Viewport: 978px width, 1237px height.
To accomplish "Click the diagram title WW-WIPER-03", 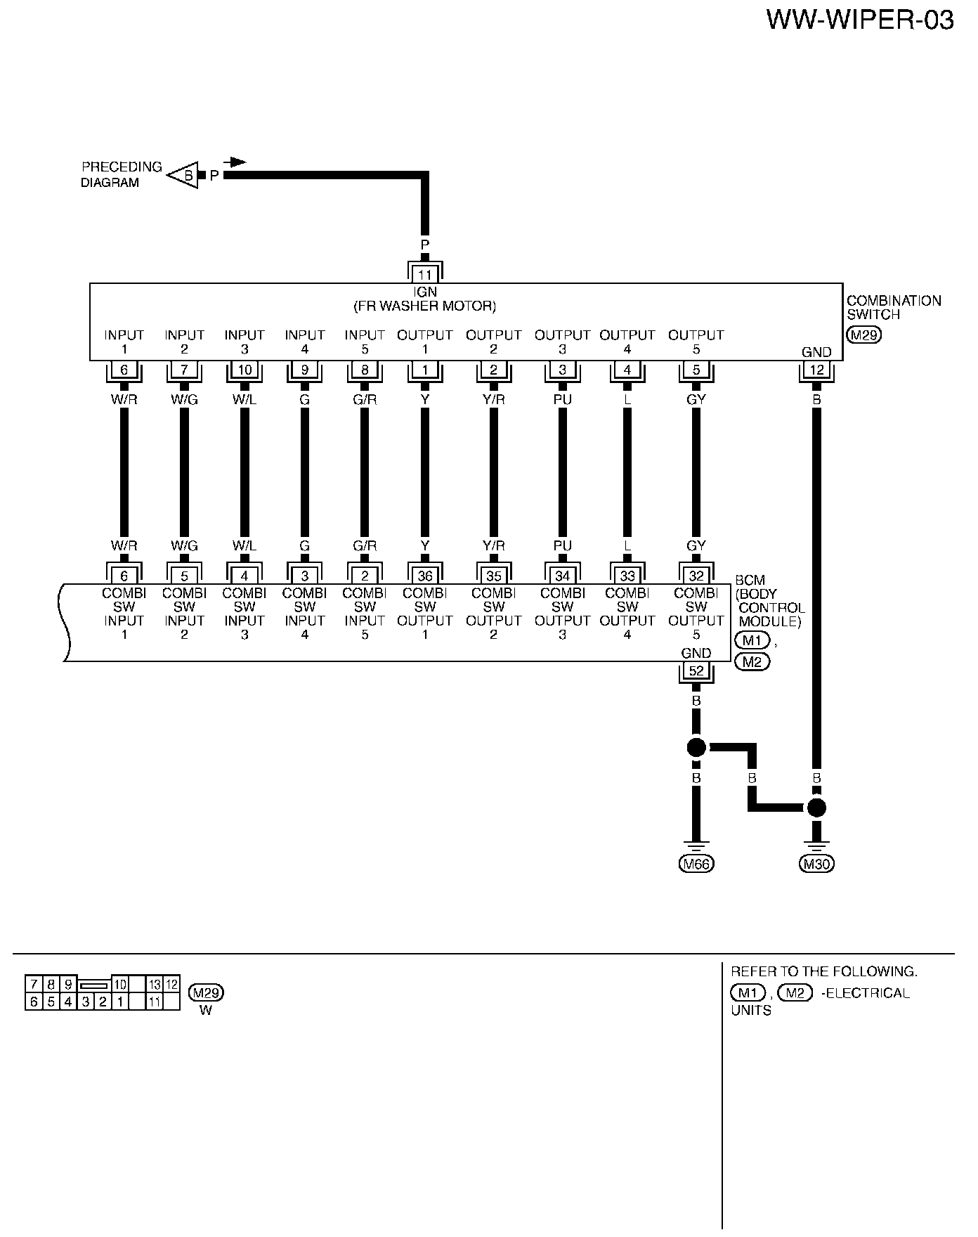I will (859, 20).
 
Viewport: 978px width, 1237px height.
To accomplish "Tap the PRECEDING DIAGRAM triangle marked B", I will (184, 174).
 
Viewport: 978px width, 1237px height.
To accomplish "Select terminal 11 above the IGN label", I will (425, 274).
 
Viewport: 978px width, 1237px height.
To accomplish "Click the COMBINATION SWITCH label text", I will (893, 308).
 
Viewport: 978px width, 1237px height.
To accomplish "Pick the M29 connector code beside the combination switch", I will (863, 335).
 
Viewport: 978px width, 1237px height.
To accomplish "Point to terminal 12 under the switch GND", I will (816, 370).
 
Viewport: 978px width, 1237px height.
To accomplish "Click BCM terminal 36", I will (425, 576).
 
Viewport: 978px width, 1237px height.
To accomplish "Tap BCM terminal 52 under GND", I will (696, 671).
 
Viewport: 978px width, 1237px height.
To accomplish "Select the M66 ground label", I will (696, 864).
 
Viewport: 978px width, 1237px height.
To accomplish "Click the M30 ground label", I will (816, 864).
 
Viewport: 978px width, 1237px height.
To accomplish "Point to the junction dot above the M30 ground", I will (816, 808).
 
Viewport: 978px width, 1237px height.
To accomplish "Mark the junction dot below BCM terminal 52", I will (696, 747).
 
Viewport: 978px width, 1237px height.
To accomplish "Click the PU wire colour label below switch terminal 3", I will (562, 399).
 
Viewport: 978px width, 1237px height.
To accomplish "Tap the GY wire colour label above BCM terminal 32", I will (696, 545).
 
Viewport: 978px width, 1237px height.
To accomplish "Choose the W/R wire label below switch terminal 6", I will (124, 399).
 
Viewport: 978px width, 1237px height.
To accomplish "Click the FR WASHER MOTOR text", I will (424, 306).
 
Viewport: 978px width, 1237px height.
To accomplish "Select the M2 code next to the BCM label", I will (752, 661).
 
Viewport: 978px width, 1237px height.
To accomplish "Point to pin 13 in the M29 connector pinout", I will (155, 985).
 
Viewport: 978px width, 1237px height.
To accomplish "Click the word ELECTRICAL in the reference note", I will (868, 993).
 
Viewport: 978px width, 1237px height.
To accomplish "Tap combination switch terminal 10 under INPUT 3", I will (244, 370).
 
